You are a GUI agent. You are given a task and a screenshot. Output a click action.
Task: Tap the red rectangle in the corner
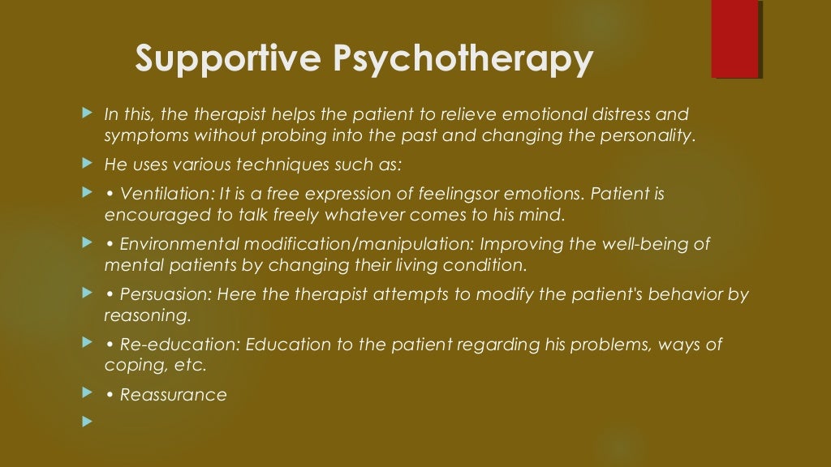[x=734, y=38]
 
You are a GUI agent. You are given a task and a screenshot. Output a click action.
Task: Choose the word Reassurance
[x=173, y=396]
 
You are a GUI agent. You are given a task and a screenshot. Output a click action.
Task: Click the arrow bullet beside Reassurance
[x=88, y=394]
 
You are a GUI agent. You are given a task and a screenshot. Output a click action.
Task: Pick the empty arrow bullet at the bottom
[x=88, y=421]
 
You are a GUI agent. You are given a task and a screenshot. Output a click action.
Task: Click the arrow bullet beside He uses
[x=88, y=164]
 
